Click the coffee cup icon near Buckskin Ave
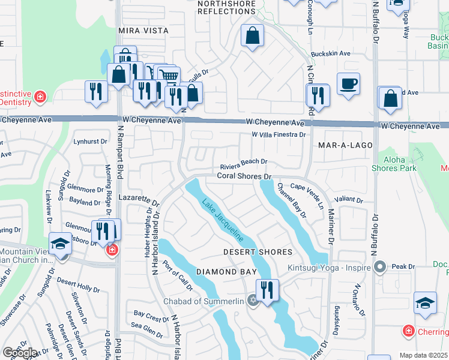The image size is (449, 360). (348, 83)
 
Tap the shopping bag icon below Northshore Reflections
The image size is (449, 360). (253, 35)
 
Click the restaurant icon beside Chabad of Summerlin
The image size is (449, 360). (267, 290)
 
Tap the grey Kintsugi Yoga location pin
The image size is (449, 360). (379, 266)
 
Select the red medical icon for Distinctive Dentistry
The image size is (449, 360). (40, 96)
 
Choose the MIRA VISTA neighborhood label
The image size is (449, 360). (143, 30)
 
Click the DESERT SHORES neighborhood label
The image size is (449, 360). (258, 252)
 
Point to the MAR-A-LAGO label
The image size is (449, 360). (345, 146)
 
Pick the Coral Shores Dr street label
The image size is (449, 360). (244, 176)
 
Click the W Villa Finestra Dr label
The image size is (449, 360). (279, 135)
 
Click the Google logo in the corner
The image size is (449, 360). (19, 353)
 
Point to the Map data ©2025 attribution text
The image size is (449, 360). (424, 355)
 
